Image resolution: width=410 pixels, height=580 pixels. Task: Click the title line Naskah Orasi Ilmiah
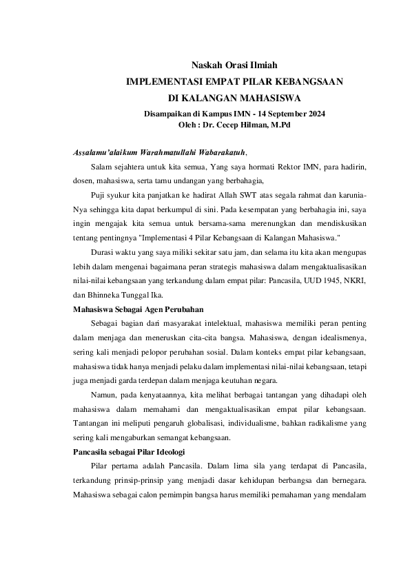click(234, 65)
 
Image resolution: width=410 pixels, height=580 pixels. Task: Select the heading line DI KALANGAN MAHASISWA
click(234, 98)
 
